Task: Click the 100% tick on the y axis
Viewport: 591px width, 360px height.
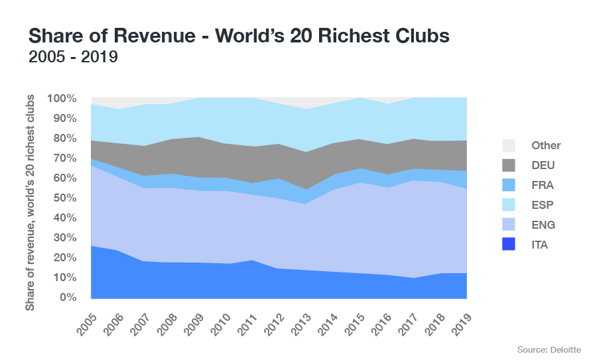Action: coord(62,99)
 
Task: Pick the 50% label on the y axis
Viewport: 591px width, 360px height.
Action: coord(64,198)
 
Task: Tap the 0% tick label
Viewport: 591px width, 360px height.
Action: coord(68,298)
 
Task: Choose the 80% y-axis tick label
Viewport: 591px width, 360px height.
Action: coord(64,139)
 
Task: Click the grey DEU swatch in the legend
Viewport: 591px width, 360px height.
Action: coord(509,165)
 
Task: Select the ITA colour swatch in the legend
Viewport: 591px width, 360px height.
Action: coord(509,245)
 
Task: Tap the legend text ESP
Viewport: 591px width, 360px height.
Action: coord(543,205)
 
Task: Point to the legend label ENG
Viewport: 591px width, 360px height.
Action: coord(543,225)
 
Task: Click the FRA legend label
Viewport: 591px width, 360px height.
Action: coord(543,185)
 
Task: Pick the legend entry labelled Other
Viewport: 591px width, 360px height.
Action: coord(546,145)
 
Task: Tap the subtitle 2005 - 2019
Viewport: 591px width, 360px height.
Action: coord(73,58)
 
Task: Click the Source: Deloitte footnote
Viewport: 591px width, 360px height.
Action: coord(549,349)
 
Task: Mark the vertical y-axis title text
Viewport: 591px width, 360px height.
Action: coord(31,202)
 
